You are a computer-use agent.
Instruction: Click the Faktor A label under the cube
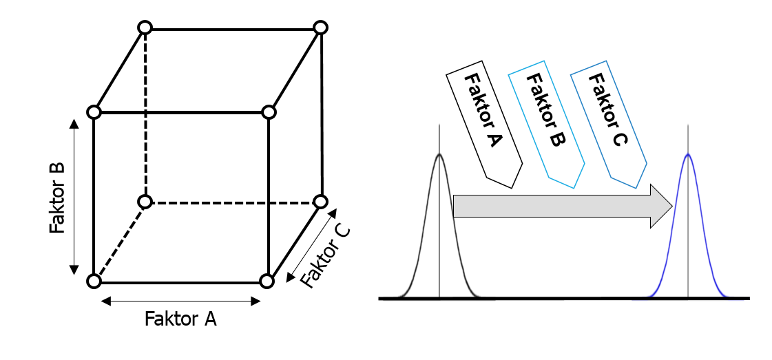coord(180,319)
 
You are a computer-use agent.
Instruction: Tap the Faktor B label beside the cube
coord(58,198)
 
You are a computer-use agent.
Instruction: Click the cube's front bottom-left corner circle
coord(94,281)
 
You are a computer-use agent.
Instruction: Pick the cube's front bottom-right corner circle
coord(267,281)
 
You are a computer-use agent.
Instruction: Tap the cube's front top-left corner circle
coord(94,112)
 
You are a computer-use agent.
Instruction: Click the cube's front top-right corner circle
coord(269,112)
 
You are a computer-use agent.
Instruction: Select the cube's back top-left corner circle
coord(145,28)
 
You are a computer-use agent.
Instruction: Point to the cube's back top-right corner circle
coord(320,28)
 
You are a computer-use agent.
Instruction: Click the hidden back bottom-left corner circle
coord(145,202)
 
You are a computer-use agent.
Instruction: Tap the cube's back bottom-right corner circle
coord(320,202)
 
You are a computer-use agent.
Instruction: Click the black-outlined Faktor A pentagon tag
coord(485,124)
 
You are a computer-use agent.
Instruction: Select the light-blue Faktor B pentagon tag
coord(546,124)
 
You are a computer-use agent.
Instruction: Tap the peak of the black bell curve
coord(439,154)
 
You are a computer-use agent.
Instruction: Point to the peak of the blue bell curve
coord(687,154)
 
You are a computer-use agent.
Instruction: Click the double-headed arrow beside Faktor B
coord(74,196)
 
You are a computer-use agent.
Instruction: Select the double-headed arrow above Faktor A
coord(180,300)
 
